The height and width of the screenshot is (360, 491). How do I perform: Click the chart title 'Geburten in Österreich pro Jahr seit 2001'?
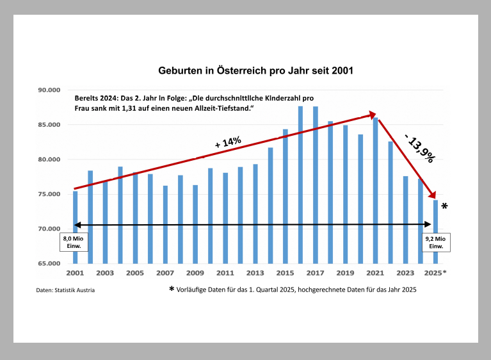coord(255,69)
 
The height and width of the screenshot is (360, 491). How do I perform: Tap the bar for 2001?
coord(75,227)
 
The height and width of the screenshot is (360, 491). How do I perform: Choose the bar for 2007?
coord(165,224)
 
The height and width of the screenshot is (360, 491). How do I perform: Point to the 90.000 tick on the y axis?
coord(49,90)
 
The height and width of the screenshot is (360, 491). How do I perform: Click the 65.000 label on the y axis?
coord(49,263)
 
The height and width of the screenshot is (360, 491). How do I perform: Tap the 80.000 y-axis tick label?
coord(49,160)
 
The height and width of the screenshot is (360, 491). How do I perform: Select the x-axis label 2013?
coord(255,273)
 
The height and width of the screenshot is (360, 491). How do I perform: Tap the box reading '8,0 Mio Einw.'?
coord(74,242)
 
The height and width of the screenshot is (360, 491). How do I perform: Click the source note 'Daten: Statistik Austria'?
coord(66,290)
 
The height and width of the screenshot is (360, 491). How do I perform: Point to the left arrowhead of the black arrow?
coord(77,224)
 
